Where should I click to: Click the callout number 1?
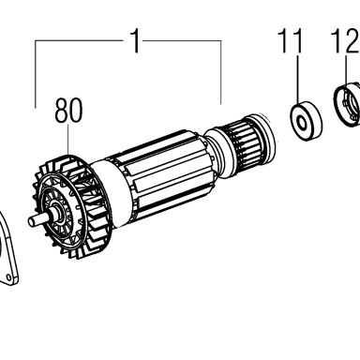tap(136, 41)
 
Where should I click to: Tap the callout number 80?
tap(68, 111)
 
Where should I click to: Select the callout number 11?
tap(292, 40)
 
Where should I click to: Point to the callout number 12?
tap(346, 40)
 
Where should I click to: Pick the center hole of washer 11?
tap(301, 122)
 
